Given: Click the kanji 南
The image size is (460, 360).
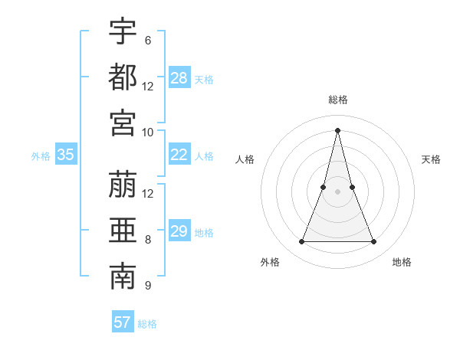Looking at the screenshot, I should [123, 277].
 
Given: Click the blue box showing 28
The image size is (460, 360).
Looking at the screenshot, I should [179, 77].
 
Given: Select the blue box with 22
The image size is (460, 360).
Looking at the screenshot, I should [179, 155].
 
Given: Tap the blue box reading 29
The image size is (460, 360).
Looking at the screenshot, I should [179, 231].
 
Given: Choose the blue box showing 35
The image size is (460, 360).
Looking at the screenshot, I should [66, 155].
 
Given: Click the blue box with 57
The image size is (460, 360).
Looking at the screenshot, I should [123, 322].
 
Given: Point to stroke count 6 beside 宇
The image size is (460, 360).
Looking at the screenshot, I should [147, 40].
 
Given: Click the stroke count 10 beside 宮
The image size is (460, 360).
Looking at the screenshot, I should [148, 132].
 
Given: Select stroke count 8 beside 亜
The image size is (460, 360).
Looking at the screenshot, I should [147, 240].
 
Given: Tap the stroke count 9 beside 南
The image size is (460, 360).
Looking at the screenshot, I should [147, 286].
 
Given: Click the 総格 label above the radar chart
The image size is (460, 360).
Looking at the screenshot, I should [338, 100].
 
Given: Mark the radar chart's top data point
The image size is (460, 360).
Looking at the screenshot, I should [338, 129].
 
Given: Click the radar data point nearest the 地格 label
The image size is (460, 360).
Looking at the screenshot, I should [374, 242].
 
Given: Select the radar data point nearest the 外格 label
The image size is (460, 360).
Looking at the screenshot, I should [301, 242].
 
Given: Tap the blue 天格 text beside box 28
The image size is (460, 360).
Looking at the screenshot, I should [204, 79].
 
